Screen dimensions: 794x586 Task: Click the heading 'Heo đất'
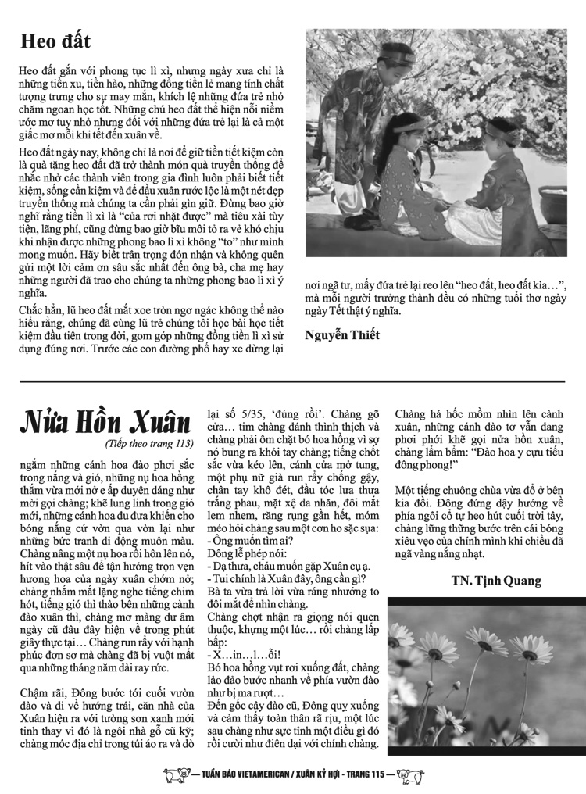57,41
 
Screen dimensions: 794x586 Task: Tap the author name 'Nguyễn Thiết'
342,335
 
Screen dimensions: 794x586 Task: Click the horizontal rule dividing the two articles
292,381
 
